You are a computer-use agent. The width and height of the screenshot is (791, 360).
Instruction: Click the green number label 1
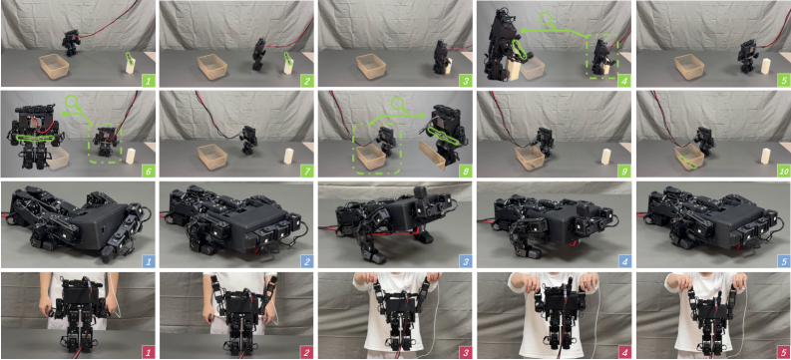coord(149,80)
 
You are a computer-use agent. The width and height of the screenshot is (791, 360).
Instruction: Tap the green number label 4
coord(623,80)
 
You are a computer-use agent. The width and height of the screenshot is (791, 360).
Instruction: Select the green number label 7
coord(306,171)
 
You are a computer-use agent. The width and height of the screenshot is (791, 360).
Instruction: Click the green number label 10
coord(781,171)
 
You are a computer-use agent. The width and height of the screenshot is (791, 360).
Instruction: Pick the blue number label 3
coord(306,261)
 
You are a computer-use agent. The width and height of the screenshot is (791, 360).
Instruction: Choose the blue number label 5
coord(781,261)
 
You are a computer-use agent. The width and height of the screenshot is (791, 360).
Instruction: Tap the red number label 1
coord(149,352)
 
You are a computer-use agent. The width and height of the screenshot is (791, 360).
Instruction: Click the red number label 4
coord(623,352)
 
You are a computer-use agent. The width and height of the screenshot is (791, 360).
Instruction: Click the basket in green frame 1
coord(55,66)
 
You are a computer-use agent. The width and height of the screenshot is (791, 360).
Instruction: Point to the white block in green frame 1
coord(131,64)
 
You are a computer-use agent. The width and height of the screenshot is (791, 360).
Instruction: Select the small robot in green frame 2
coord(259,54)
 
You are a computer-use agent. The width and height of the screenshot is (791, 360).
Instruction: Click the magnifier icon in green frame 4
coord(547,20)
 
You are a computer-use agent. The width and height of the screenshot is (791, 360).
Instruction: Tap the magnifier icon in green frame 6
coord(72,104)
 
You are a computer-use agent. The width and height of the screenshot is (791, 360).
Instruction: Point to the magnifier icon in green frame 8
coord(399,105)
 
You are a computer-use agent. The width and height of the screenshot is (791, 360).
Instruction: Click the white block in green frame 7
coord(289,156)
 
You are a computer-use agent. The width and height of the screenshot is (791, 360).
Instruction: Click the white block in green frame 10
coord(765,156)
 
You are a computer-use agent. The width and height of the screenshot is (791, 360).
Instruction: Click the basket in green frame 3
coord(371,66)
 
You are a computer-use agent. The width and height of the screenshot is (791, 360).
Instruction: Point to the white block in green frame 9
coord(605,156)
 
